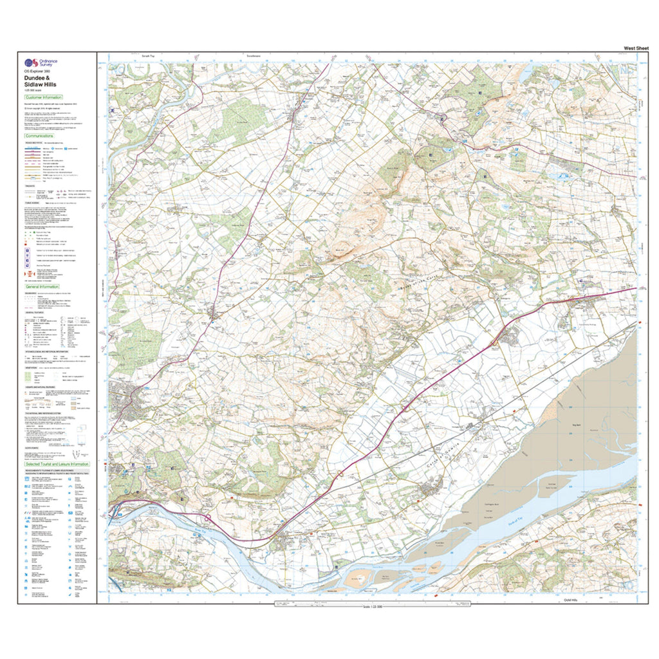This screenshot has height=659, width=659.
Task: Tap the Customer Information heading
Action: pyautogui.click(x=44, y=97)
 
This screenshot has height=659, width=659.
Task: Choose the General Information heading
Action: pyautogui.click(x=42, y=286)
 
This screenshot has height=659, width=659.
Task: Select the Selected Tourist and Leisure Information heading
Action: pyautogui.click(x=57, y=463)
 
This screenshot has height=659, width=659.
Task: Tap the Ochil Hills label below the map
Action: pyautogui.click(x=571, y=600)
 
